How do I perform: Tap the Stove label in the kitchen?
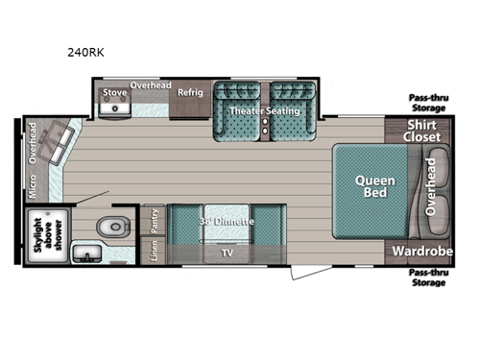point(115,92)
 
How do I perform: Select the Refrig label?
point(190,92)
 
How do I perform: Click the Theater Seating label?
point(264,111)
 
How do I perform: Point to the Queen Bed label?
point(370,185)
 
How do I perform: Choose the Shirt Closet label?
point(423,132)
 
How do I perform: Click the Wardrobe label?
point(422,251)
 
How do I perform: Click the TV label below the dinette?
point(227,253)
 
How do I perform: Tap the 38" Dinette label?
point(227,222)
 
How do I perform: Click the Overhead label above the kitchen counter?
point(151,84)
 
